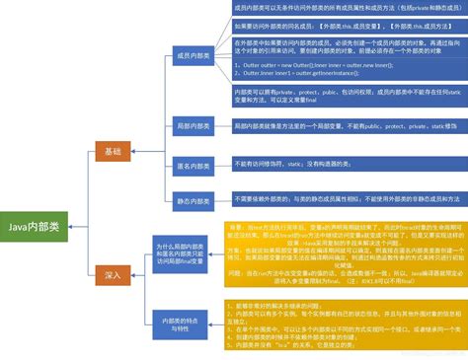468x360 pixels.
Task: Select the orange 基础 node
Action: click(x=114, y=151)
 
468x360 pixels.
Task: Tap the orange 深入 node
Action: click(x=114, y=277)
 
